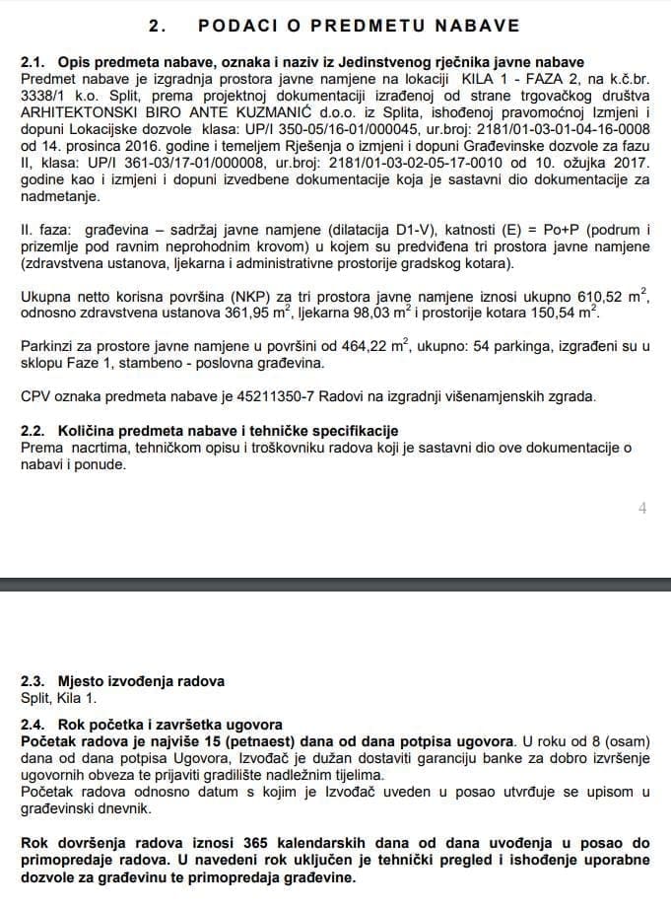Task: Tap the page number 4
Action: click(x=641, y=509)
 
